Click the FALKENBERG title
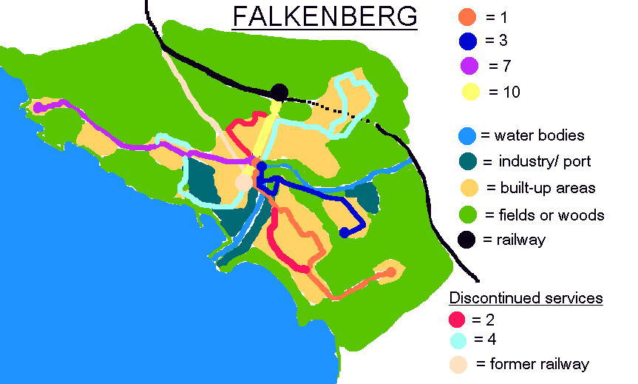pos(325,16)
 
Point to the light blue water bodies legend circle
pos(467,136)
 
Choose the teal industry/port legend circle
pos(467,161)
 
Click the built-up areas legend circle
pos(467,187)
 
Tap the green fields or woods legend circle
pos(467,214)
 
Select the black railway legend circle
pos(467,239)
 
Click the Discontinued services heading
pos(526,298)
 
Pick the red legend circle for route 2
pos(458,320)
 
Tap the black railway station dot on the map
pos(279,92)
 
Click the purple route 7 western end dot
pos(38,107)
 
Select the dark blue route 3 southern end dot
pos(344,233)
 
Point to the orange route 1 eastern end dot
pos(390,272)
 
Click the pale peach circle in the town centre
pos(244,182)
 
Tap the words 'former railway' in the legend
pos(533,364)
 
